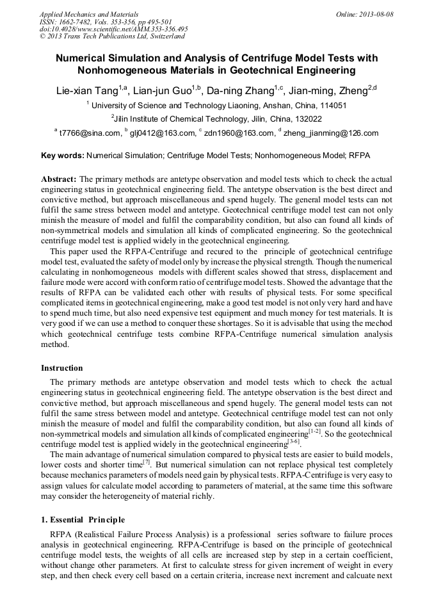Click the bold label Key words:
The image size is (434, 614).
tap(62, 156)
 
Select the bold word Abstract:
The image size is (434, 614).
tap(59, 179)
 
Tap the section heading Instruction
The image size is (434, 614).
tap(62, 368)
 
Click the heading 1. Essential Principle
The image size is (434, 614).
tap(83, 519)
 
